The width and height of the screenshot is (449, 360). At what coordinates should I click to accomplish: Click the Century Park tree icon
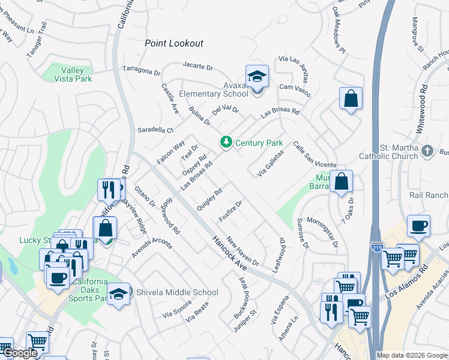(x=226, y=142)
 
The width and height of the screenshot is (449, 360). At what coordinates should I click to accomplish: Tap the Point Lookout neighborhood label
(x=174, y=43)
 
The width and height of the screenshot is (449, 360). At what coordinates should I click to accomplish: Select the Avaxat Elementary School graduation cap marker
(x=257, y=77)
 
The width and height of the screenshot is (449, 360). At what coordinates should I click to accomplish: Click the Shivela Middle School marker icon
(x=119, y=294)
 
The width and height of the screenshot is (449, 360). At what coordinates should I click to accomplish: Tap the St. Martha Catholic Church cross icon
(x=427, y=151)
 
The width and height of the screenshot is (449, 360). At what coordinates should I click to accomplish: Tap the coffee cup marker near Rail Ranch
(x=418, y=226)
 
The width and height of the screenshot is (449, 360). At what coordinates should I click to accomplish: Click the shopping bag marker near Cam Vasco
(x=351, y=99)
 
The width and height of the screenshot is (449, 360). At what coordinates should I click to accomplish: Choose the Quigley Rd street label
(x=210, y=200)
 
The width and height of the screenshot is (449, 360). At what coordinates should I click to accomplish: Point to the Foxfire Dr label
(x=231, y=211)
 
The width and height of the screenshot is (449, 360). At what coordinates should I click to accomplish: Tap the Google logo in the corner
(x=20, y=353)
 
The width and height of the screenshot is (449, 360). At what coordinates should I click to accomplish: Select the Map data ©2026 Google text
(x=411, y=355)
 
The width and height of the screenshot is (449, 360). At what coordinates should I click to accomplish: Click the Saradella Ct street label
(x=155, y=130)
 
